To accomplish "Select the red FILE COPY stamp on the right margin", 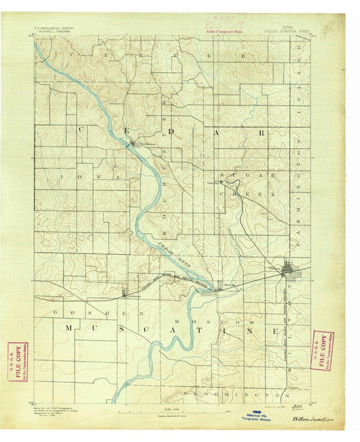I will pos(323,350).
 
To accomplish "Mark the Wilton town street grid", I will pos(291,271).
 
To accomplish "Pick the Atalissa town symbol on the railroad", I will pos(125,293).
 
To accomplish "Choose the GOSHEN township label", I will pos(83,314).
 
